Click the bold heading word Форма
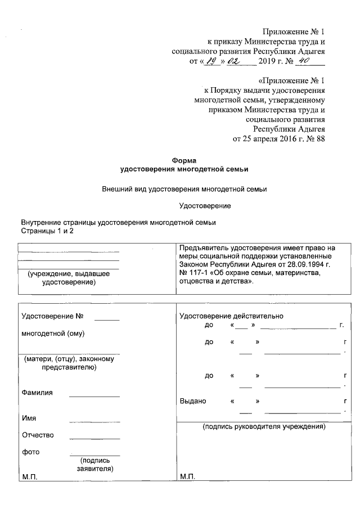pos(184,160)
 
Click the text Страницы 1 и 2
pos(47,231)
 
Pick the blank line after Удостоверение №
pos(107,319)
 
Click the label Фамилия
pos(37,393)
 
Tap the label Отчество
pos(38,435)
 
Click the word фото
pos(30,452)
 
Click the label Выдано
pos(193,402)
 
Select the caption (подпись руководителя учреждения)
pos(264,427)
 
